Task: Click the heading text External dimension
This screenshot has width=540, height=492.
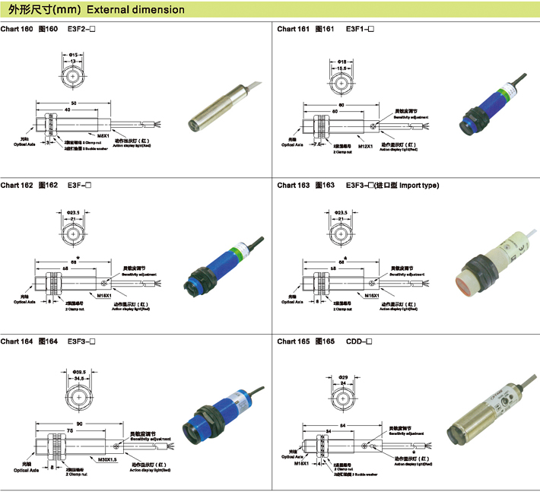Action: (x=135, y=10)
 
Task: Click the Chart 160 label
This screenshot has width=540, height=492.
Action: (x=17, y=29)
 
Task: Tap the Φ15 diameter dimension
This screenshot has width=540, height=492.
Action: (x=74, y=55)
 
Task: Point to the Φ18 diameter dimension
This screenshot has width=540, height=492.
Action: (x=342, y=61)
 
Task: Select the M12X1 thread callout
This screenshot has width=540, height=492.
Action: (x=366, y=145)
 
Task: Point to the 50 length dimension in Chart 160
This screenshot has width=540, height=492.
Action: (x=74, y=103)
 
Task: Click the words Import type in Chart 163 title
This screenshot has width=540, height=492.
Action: (x=419, y=185)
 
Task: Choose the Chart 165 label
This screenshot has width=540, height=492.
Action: (x=293, y=341)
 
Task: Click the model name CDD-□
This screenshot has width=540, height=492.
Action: (x=359, y=341)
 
